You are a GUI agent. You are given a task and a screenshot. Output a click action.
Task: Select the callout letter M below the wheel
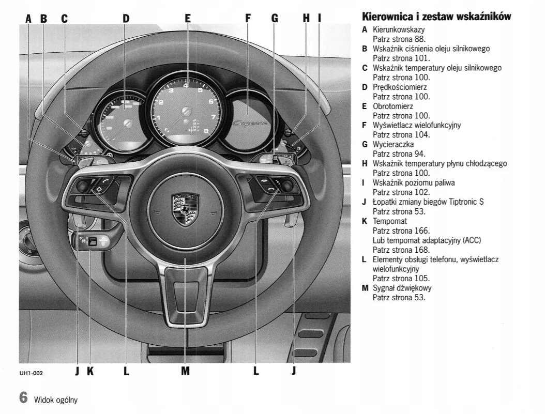(185, 371)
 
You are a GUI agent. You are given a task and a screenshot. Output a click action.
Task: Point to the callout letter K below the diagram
(90, 371)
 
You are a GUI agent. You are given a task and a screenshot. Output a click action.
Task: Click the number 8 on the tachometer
(206, 131)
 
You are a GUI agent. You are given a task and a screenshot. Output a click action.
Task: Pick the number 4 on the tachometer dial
(185, 86)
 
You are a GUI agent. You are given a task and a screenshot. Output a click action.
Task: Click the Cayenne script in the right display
(250, 123)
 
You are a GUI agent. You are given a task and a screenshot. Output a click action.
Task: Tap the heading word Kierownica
(390, 17)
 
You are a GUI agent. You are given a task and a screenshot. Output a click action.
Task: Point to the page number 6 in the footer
(23, 398)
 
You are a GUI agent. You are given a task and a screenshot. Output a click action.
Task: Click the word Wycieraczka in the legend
(393, 144)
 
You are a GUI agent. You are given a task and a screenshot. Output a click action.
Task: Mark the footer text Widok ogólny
(56, 400)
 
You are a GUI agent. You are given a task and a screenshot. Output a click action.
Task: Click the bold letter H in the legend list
(365, 163)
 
